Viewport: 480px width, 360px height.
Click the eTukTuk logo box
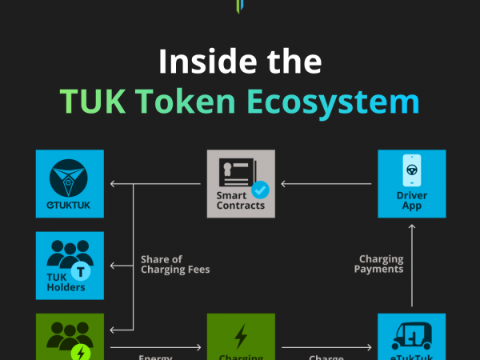point(70,183)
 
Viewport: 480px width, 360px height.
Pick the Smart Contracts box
point(241,183)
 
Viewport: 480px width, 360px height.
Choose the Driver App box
point(412,183)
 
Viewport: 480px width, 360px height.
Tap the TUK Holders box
point(70,266)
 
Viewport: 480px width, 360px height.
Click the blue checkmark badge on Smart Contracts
point(260,191)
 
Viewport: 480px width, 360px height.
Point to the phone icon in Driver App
point(412,172)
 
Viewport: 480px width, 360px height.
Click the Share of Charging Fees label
point(175,265)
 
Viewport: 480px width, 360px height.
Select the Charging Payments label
point(381,265)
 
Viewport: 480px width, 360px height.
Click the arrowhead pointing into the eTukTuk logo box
point(113,184)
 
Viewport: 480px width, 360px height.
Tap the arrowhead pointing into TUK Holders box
point(113,265)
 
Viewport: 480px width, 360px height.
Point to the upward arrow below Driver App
point(412,264)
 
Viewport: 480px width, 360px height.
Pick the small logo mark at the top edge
point(239,6)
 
